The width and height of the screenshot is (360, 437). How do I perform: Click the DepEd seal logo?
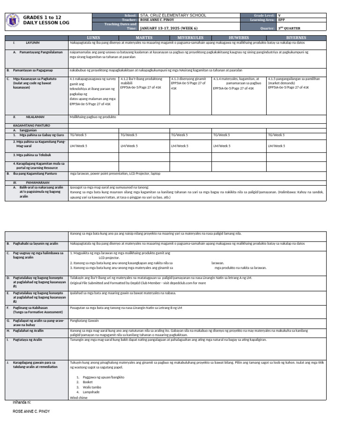13,21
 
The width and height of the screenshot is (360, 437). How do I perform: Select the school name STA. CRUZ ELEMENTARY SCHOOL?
173,15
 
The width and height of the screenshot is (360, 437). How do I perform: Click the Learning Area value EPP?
281,20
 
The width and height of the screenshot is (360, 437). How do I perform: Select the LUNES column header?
93,38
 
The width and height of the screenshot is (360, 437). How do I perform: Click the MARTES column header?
144,38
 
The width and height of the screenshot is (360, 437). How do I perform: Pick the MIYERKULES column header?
190,38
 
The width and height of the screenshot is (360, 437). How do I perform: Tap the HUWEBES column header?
239,38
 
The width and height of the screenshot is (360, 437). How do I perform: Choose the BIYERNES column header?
296,38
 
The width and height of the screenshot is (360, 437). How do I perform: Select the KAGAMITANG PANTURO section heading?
31,126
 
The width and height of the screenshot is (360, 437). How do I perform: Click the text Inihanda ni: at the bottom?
22,402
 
